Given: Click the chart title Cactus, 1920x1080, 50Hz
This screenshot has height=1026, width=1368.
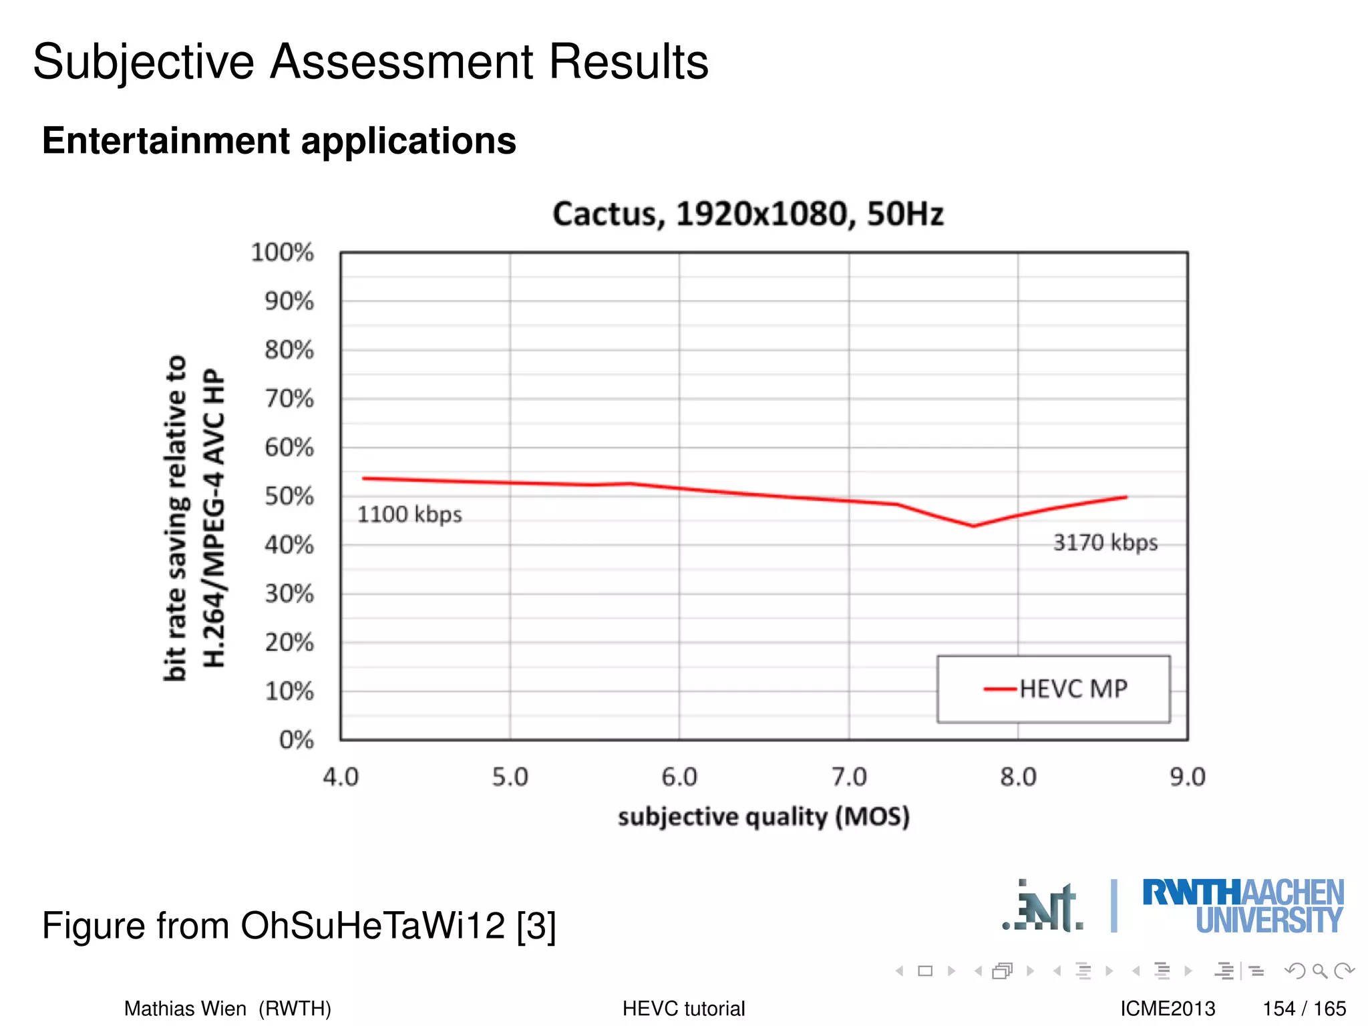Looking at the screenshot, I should pyautogui.click(x=747, y=214).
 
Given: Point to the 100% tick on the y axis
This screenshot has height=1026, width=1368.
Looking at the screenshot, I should pyautogui.click(x=283, y=252).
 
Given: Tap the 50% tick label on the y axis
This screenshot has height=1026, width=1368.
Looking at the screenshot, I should pyautogui.click(x=289, y=496).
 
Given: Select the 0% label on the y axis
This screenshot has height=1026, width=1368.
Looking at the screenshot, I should pyautogui.click(x=297, y=740).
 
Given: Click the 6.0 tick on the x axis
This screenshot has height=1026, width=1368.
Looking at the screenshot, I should pyautogui.click(x=679, y=778).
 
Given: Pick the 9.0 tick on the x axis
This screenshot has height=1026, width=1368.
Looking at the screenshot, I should pyautogui.click(x=1187, y=778).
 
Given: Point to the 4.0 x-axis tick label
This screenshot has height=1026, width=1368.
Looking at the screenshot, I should pyautogui.click(x=341, y=778).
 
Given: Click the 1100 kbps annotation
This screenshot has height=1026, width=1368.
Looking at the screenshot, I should pyautogui.click(x=409, y=515).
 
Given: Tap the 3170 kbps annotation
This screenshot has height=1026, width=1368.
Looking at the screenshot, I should pyautogui.click(x=1105, y=542).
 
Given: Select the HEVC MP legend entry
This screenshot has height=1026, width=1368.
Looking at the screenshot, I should pyautogui.click(x=1055, y=689).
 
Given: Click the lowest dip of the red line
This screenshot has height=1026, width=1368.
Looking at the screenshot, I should pyautogui.click(x=973, y=526).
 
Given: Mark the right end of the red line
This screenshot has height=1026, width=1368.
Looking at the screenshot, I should pyautogui.click(x=1126, y=497).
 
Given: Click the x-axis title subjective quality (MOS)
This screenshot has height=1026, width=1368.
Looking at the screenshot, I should pyautogui.click(x=763, y=817).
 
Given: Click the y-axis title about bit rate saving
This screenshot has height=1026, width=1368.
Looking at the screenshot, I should pyautogui.click(x=194, y=518).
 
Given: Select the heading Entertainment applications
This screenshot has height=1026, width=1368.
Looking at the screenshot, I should pyautogui.click(x=279, y=141).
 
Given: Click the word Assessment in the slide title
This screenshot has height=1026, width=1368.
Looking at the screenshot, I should pyautogui.click(x=401, y=62).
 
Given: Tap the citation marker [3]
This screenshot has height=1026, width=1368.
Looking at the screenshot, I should pyautogui.click(x=536, y=926).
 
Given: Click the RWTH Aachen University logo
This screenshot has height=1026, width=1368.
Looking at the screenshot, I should pyautogui.click(x=1242, y=906).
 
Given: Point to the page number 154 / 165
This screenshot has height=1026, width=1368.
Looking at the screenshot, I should pyautogui.click(x=1304, y=1009).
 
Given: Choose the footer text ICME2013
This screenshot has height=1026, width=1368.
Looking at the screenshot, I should pyautogui.click(x=1168, y=1009).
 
